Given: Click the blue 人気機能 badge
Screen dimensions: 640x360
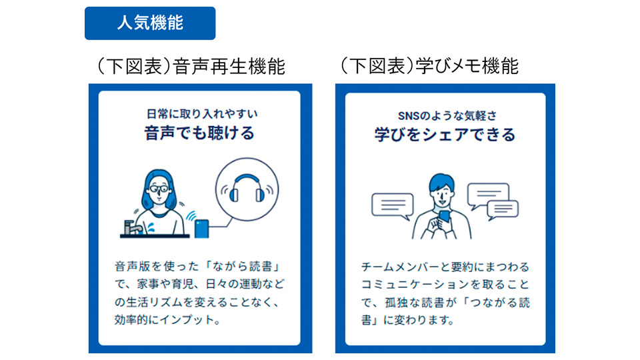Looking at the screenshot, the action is pos(150,23).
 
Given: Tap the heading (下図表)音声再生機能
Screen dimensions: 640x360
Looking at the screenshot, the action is pos(191,66).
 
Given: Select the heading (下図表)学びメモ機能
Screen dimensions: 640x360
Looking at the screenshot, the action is pos(429,66).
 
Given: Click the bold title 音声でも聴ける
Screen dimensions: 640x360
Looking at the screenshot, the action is pos(199,133).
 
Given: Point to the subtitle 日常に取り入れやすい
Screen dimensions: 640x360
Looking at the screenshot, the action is pos(202,113).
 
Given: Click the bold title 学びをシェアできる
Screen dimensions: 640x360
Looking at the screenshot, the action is pos(445,135).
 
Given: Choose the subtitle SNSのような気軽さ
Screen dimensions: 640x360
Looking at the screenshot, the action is pos(447,116).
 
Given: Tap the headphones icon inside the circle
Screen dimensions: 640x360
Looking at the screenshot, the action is pos(247,189).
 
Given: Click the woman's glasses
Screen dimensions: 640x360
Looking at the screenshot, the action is pos(159,189).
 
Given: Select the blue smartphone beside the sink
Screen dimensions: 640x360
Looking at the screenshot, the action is pos(201,229).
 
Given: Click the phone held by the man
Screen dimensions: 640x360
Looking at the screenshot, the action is pos(444,216).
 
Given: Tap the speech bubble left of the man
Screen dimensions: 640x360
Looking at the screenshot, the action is pos(393,206).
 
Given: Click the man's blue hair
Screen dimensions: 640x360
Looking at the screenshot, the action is pos(441,183).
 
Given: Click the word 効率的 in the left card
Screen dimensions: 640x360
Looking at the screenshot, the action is pos(131,319).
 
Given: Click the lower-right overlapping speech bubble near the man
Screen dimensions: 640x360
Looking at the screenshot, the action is pos(503,209).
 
